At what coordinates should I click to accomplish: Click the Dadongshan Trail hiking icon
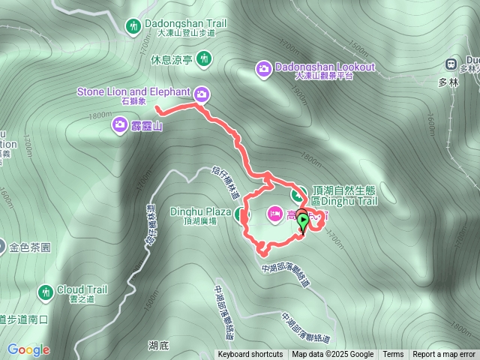point(133,25)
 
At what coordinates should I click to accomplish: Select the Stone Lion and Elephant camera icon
point(201,94)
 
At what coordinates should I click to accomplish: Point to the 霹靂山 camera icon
point(119,124)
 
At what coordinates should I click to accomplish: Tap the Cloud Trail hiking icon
point(46,290)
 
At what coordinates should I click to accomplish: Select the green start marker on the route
point(302,222)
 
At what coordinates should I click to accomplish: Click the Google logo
point(28,349)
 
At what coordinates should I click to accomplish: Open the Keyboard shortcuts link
point(250,355)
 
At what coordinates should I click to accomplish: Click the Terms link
point(393,355)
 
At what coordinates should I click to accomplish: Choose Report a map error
point(444,355)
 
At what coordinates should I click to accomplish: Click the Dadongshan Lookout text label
point(325,67)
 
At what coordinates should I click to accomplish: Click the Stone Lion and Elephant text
point(133,91)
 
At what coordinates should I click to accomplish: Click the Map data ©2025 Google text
point(332,355)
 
